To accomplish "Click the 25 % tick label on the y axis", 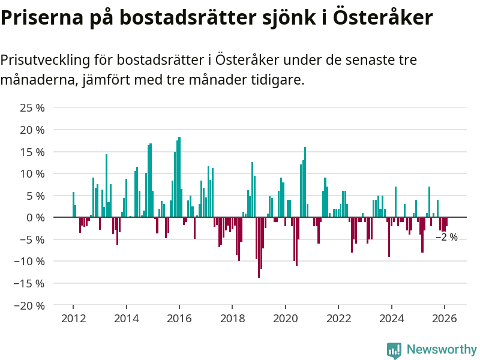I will [33, 108].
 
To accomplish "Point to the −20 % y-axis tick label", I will [31, 305].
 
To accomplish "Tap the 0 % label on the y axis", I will [36, 217].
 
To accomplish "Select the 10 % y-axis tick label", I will [33, 173].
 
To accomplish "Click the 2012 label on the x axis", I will [73, 319].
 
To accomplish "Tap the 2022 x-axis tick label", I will [338, 319].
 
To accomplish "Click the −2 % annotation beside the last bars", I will [446, 237].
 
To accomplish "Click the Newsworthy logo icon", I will [394, 350].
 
